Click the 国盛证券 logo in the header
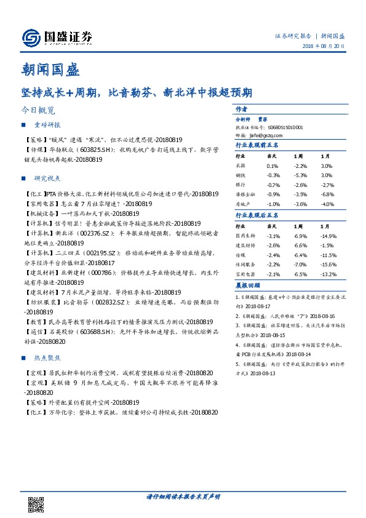pos(57,38)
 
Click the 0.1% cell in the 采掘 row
pos(273,166)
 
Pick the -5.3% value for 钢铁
pos(300,175)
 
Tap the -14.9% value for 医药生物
pos(329,236)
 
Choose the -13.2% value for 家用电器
pos(329,274)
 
